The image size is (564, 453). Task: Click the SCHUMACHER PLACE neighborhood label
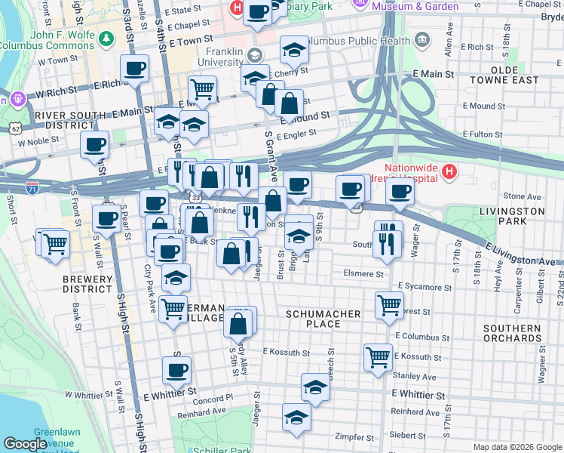pyautogui.click(x=313, y=318)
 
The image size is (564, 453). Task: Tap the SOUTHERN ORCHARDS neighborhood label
pyautogui.click(x=512, y=333)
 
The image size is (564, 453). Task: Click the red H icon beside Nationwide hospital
pyautogui.click(x=449, y=172)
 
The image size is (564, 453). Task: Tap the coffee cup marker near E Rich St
pyautogui.click(x=135, y=69)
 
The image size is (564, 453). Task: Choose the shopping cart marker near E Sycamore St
pyautogui.click(x=389, y=306)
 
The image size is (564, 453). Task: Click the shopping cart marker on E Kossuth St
pyautogui.click(x=377, y=356)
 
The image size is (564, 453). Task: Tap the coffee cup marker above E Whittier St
pyautogui.click(x=176, y=370)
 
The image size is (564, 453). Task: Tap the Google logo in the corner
pyautogui.click(x=25, y=444)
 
